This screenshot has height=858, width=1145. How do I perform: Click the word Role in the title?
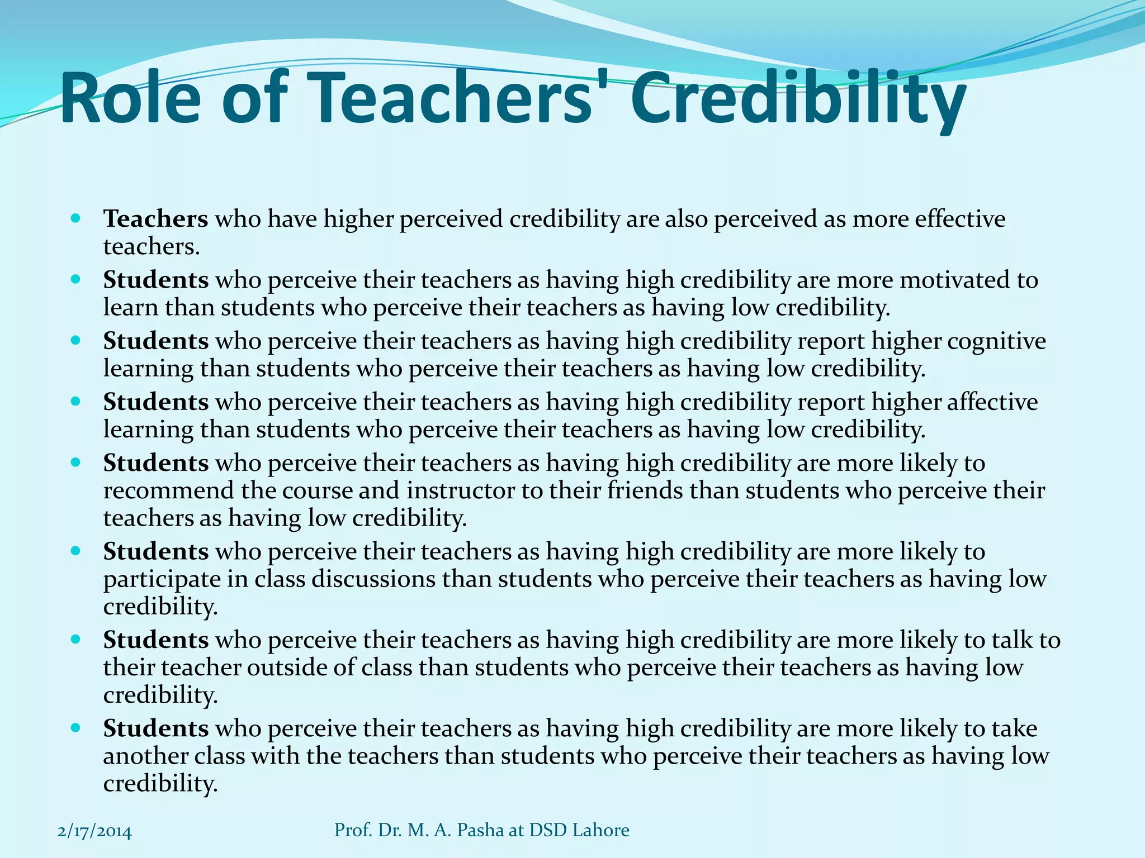(x=130, y=99)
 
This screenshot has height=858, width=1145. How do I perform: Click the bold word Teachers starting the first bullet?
(x=155, y=218)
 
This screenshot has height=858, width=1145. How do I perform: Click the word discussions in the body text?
(x=373, y=579)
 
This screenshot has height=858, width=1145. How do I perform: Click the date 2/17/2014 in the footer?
(x=94, y=832)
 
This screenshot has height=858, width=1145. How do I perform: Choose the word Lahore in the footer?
(x=601, y=830)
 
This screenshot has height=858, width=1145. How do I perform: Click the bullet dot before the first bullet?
(x=77, y=218)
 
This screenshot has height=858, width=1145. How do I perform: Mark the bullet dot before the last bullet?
(x=77, y=728)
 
